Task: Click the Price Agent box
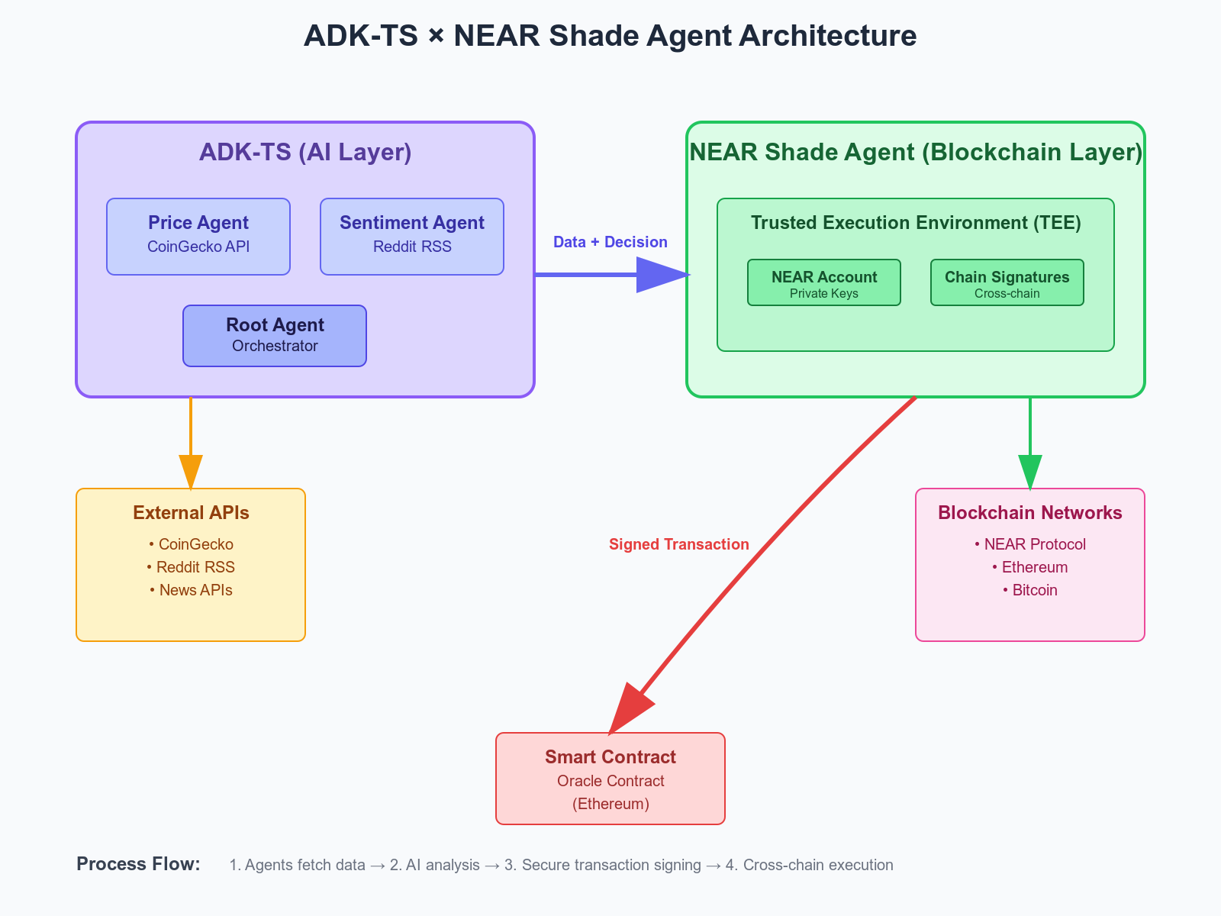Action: [x=198, y=237]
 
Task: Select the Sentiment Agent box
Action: [x=411, y=237]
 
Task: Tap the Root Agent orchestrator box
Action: [x=275, y=335]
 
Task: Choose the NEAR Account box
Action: [x=824, y=282]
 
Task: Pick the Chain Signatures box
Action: [x=1007, y=282]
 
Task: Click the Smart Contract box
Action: [x=610, y=778]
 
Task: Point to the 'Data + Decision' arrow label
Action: [x=610, y=242]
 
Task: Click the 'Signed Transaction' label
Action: [x=678, y=544]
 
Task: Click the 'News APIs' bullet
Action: [x=191, y=590]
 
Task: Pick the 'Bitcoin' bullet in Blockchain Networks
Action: [x=1030, y=590]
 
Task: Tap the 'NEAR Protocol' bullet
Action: [x=1030, y=544]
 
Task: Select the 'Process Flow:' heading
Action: [x=138, y=864]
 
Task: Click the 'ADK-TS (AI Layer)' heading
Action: [x=305, y=152]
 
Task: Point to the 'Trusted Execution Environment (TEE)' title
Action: [x=916, y=222]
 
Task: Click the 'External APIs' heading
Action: [x=191, y=512]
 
